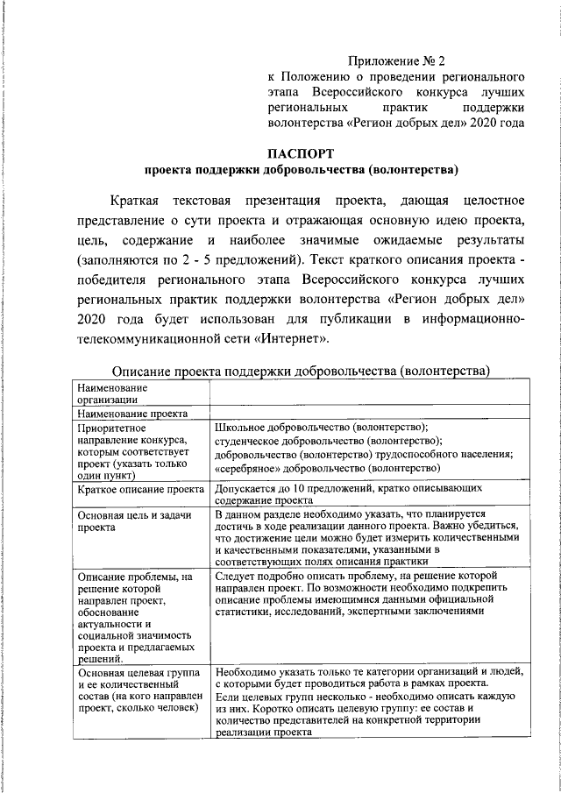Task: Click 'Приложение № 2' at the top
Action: (x=396, y=61)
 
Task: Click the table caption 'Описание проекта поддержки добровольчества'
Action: (x=301, y=371)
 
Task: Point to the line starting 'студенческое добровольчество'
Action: (x=329, y=441)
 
